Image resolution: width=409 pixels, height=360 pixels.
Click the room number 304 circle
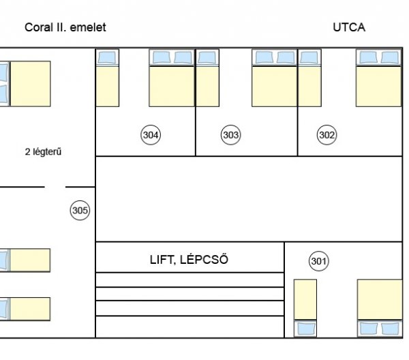pos(151,135)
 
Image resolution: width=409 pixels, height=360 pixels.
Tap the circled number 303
pos(230,135)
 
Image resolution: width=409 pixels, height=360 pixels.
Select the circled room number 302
pos(327,135)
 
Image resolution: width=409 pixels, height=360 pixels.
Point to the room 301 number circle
pos(319,261)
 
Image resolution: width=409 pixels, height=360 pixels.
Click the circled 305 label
pos(80,210)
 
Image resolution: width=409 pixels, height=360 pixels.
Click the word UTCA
pos(349,27)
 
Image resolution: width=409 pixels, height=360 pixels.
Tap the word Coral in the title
pos(39,27)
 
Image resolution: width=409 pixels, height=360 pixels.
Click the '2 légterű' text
pos(43,151)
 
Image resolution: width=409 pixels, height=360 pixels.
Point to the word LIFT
pos(162,260)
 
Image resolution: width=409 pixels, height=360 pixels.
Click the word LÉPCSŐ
pos(204,259)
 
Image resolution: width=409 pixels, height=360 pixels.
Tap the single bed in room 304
pos(108,78)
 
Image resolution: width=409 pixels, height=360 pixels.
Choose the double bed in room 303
pos(275,78)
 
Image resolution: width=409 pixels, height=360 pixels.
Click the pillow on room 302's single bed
pos(309,57)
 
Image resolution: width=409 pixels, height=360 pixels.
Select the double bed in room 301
pos(380,308)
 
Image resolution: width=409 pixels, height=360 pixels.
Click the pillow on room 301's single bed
pos(305,329)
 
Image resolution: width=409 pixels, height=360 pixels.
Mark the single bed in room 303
pos(208,78)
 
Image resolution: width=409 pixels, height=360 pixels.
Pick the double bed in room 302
pos(378,78)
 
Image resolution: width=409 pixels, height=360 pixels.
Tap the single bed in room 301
pos(305,308)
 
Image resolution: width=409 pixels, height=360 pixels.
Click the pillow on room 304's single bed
pos(107,57)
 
